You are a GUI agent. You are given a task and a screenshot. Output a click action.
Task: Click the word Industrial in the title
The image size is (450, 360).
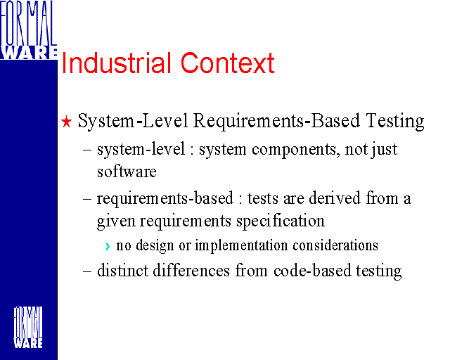[x=116, y=63]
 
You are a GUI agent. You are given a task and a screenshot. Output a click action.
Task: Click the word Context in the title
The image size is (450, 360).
[x=228, y=63]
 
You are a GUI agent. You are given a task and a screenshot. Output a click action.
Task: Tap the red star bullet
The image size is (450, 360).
[x=66, y=122]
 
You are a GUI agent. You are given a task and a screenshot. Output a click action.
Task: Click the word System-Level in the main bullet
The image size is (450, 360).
[x=133, y=122]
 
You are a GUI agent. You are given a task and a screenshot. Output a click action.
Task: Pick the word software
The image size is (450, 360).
[x=127, y=172]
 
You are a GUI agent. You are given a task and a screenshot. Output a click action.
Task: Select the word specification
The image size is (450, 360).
[x=281, y=221]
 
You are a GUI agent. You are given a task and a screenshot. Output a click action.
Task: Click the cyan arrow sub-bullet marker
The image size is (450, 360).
[x=108, y=246]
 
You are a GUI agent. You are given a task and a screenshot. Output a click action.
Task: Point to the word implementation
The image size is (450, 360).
[x=241, y=245]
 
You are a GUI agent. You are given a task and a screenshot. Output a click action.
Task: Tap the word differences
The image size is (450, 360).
[x=191, y=271]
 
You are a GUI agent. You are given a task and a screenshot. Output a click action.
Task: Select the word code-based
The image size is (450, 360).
[x=312, y=271]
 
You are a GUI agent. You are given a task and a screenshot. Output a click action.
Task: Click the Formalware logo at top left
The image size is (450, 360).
[x=28, y=30]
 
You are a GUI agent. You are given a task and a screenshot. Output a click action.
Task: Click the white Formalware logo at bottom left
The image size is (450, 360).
[x=28, y=328]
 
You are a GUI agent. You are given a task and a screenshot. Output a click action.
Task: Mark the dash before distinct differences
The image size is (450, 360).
[x=87, y=271]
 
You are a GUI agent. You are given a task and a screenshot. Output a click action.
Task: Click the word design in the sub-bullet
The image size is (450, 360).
[x=155, y=245]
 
